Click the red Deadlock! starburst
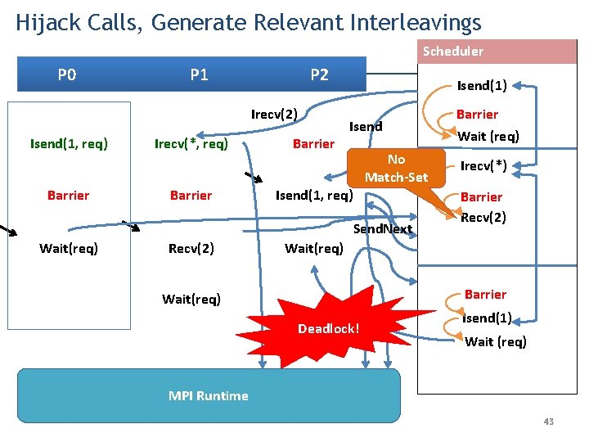coord(328,327)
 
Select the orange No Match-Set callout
coord(396,168)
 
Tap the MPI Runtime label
coord(208,395)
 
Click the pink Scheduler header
coord(452,52)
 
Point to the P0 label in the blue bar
coord(67,75)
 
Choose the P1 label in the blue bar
coord(199,75)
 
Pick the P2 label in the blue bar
coord(319,75)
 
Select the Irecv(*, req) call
coord(191,144)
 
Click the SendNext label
coord(382,228)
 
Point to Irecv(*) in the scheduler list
coord(483,166)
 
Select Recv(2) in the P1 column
coord(191,248)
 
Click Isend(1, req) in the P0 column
coord(69,144)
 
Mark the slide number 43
coord(548,422)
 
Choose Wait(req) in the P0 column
coord(69,248)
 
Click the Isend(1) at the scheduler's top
coord(482,85)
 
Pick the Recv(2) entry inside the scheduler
coord(483,217)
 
